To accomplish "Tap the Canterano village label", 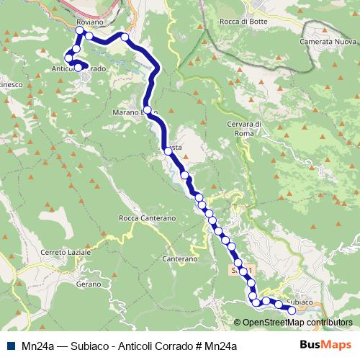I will tap(179, 258).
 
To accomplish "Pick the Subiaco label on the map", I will tap(298, 302).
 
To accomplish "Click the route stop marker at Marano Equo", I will tap(147, 111).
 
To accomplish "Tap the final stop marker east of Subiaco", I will tap(292, 310).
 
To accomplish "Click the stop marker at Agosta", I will tap(167, 150).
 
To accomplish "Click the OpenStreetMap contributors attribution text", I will tap(293, 322).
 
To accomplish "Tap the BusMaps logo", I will tap(328, 346).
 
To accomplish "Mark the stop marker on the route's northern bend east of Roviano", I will tap(125, 37).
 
